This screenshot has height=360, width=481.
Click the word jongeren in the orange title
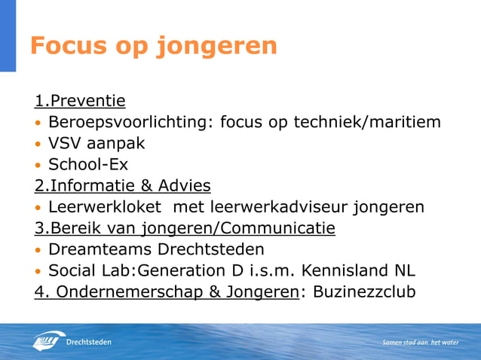click(216, 47)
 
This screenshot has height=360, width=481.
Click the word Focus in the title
click(69, 46)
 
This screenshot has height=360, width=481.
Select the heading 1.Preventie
click(79, 101)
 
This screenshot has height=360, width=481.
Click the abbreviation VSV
click(66, 143)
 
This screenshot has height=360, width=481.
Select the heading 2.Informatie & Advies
click(122, 185)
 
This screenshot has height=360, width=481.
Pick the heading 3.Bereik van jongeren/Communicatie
click(185, 227)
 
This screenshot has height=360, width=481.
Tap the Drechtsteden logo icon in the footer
click(48, 341)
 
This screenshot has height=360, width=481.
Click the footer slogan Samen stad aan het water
click(420, 342)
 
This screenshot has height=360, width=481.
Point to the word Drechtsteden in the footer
click(90, 342)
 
